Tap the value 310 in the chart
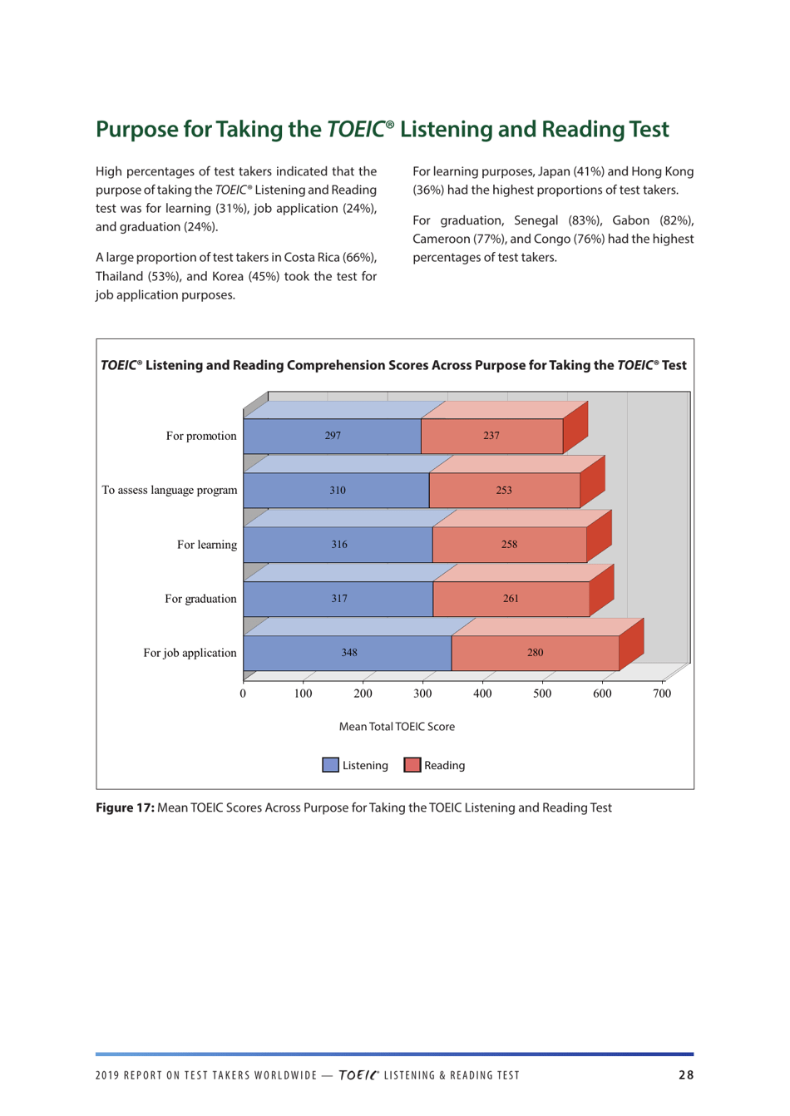pos(337,491)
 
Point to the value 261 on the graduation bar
pos(511,599)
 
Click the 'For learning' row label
pos(206,545)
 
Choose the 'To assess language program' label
pos(169,491)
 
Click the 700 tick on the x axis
pos(661,694)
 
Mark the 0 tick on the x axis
pos(243,694)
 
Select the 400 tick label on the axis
pos(482,694)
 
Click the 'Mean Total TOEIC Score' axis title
pos(397,727)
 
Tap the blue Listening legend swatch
pos(330,765)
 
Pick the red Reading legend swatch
pos(412,765)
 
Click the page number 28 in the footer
pos(685,1075)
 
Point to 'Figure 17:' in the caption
pos(125,807)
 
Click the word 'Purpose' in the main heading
pos(136,130)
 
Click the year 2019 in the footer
pos(107,1075)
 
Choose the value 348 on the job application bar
pos(349,653)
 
